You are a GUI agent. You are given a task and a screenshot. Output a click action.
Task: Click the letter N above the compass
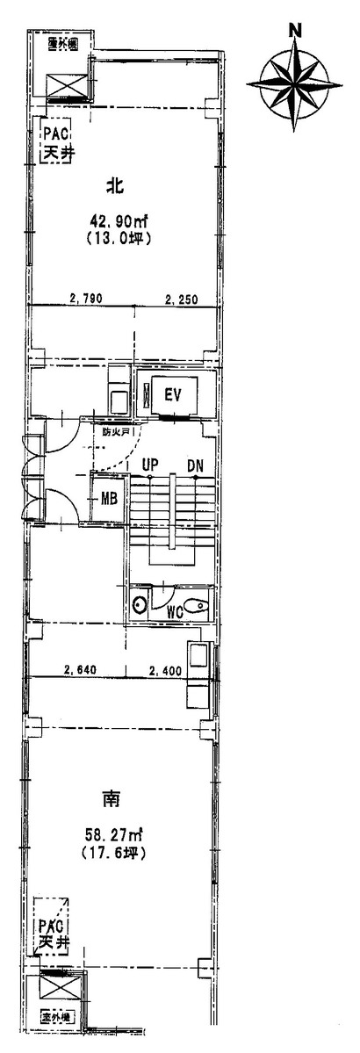(x=296, y=28)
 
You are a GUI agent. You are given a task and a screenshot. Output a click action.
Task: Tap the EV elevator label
(x=173, y=394)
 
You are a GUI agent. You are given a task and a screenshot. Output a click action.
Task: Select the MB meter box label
(x=109, y=499)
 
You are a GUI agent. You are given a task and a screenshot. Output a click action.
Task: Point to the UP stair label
(x=149, y=465)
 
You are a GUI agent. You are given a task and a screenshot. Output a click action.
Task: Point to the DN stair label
(x=195, y=465)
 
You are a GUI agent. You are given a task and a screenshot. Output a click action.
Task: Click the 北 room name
(x=113, y=186)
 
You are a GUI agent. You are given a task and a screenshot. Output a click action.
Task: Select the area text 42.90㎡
(x=115, y=220)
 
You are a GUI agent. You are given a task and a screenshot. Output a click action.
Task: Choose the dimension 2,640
(x=80, y=672)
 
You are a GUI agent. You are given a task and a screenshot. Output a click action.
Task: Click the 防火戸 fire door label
(x=115, y=432)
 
